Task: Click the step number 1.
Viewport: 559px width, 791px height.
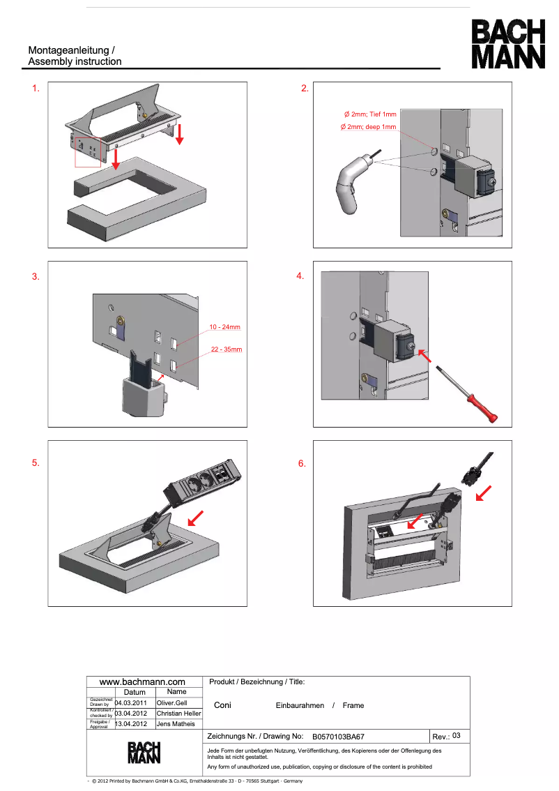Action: (36, 89)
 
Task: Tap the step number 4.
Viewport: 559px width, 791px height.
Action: (300, 276)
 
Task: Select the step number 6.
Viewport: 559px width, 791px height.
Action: (302, 463)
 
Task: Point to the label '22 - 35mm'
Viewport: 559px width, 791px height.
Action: (226, 349)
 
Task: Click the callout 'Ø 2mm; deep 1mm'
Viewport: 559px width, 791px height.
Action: (367, 127)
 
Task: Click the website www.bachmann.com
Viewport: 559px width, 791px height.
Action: (142, 681)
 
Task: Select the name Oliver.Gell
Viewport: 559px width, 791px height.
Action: (172, 702)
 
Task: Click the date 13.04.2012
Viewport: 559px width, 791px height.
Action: (130, 724)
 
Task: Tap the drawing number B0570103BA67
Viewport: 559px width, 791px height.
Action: (338, 736)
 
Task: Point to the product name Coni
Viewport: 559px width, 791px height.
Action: (222, 705)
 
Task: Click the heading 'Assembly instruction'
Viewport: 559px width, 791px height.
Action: (75, 61)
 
